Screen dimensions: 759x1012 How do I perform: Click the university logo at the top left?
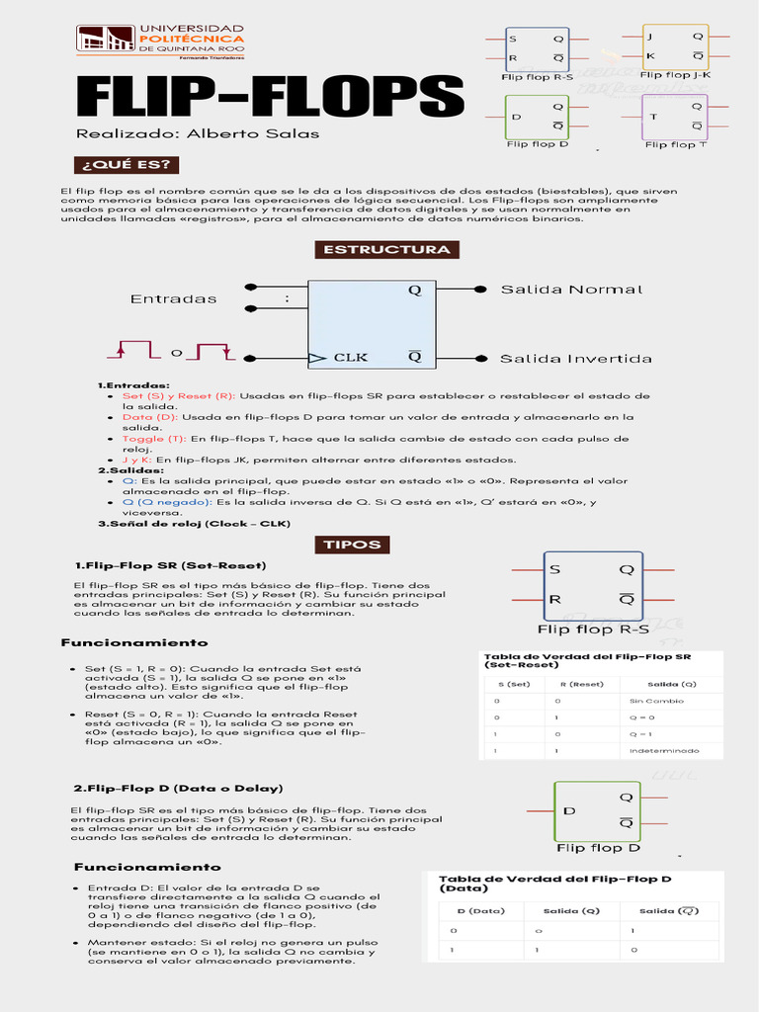[x=105, y=41]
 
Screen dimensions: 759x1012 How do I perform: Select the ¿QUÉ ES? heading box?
[x=125, y=164]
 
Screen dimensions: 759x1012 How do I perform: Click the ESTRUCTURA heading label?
[x=387, y=249]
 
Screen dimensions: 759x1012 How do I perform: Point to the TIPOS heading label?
[x=353, y=545]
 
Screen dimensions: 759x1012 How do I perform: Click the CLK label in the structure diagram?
[x=351, y=357]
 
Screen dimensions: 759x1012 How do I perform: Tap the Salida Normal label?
[x=571, y=290]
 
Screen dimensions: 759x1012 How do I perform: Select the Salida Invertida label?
[x=576, y=358]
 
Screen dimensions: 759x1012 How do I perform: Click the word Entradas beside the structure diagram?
[x=173, y=298]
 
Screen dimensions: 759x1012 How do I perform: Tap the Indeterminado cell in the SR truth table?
[x=663, y=751]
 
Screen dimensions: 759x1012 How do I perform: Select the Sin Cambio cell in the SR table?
[x=655, y=701]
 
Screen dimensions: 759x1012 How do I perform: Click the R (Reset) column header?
[x=581, y=684]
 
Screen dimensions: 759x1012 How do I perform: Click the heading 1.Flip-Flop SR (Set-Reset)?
[x=171, y=565]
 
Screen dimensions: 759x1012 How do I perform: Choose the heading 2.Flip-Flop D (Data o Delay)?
[x=179, y=788]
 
